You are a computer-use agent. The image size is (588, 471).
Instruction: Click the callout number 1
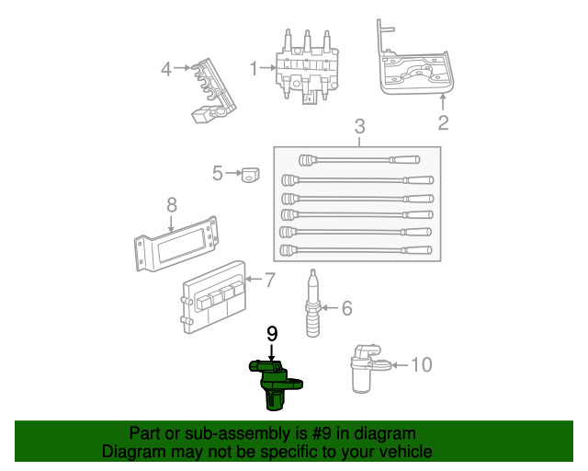tap(254, 68)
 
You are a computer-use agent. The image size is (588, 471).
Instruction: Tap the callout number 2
tap(443, 122)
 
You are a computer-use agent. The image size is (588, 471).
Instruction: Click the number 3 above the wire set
tap(359, 126)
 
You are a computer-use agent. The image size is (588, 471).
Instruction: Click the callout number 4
tap(166, 68)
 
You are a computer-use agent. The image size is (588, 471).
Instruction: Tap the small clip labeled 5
tap(249, 174)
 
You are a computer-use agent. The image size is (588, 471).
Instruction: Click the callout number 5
tap(218, 172)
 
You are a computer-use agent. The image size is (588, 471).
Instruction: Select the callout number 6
tap(346, 309)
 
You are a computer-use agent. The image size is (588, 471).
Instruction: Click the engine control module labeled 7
tap(215, 296)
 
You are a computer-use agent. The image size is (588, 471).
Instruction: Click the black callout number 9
tap(272, 333)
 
